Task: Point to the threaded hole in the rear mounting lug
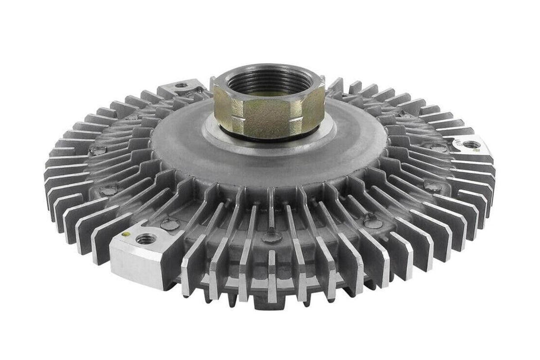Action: [x=182, y=85]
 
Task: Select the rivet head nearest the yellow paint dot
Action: [x=170, y=225]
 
